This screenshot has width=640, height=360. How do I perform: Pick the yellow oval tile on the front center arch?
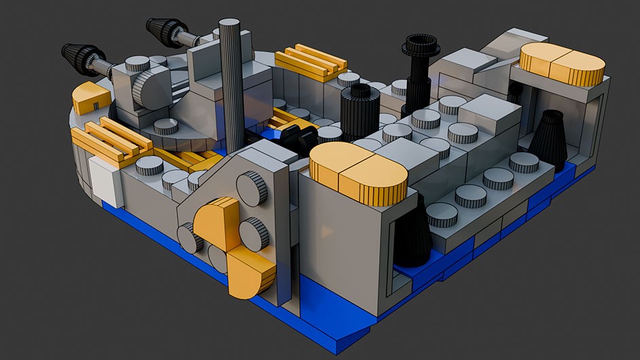[358, 176]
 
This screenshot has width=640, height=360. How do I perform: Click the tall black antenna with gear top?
[419, 68]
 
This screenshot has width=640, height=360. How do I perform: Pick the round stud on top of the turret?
[138, 64]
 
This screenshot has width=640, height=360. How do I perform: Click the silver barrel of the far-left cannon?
[103, 66]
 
